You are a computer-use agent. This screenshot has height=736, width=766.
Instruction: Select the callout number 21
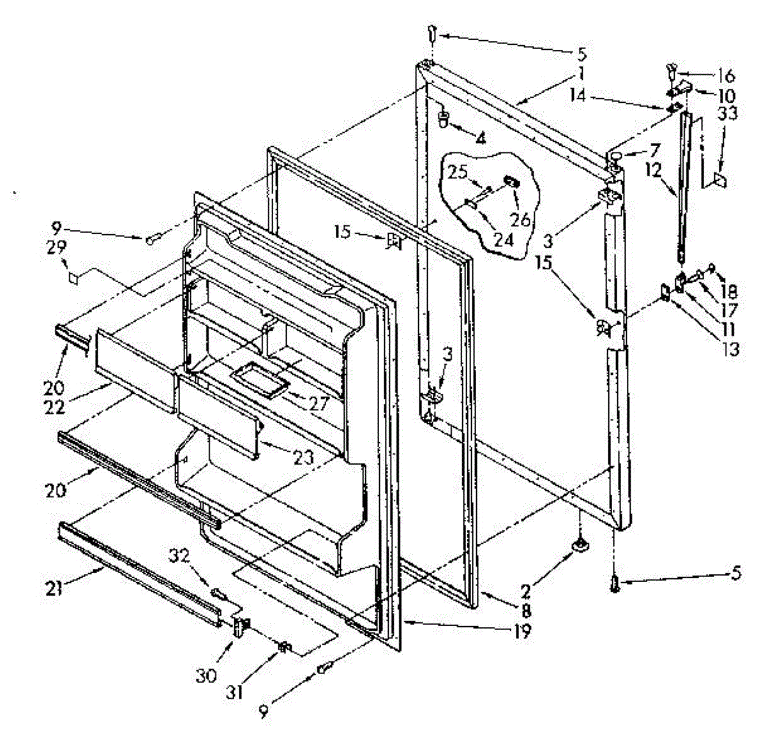[x=56, y=587]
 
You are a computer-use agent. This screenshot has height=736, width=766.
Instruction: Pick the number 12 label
[x=670, y=171]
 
